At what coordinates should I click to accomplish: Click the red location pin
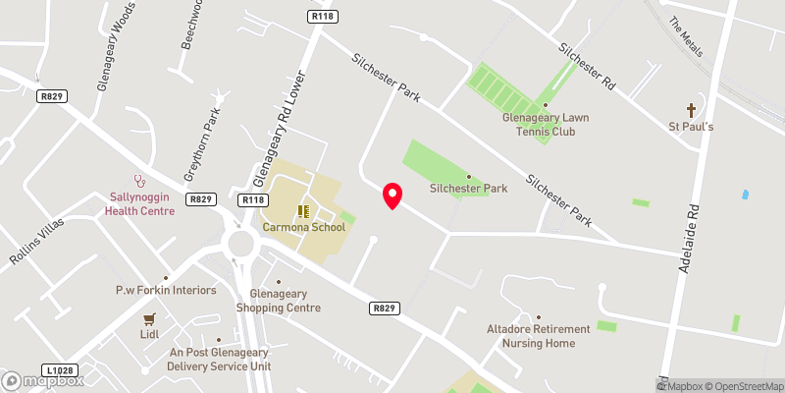click(x=392, y=196)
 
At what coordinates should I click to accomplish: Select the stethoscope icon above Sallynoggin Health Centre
click(x=140, y=181)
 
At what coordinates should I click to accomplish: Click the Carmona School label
click(x=304, y=227)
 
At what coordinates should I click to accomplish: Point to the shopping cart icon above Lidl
click(x=149, y=318)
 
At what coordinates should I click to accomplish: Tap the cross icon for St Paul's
click(x=691, y=109)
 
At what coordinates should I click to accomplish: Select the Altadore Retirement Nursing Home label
click(x=539, y=336)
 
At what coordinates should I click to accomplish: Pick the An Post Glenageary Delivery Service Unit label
click(x=219, y=359)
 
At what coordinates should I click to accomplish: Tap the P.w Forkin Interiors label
click(x=166, y=290)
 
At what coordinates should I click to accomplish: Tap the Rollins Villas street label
click(x=36, y=239)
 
